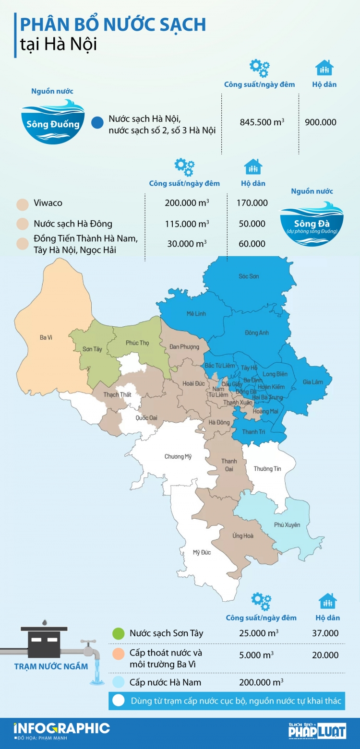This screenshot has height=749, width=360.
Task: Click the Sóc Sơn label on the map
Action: [x=249, y=276]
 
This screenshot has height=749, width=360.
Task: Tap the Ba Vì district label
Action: [x=46, y=338]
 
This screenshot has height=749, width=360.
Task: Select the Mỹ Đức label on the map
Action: [x=202, y=552]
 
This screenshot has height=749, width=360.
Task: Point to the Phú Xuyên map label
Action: [x=287, y=525]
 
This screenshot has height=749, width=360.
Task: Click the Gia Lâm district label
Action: [x=313, y=382]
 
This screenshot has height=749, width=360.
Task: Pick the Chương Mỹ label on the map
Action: [x=178, y=456]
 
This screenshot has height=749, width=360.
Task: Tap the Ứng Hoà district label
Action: [x=243, y=535]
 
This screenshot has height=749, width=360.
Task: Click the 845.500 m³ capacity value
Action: [x=262, y=122]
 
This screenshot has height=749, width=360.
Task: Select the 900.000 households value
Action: [x=321, y=122]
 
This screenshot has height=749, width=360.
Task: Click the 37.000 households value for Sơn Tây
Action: [x=325, y=633]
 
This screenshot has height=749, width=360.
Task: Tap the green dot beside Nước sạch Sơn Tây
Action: [x=117, y=633]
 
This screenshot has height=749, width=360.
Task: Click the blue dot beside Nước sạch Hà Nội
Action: [x=98, y=122]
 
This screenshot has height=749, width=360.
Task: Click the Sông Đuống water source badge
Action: [x=53, y=122]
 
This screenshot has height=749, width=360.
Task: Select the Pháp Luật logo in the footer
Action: [x=317, y=730]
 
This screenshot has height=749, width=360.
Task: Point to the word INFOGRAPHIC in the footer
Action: [x=62, y=727]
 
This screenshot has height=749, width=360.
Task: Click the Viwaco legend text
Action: [x=48, y=203]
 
